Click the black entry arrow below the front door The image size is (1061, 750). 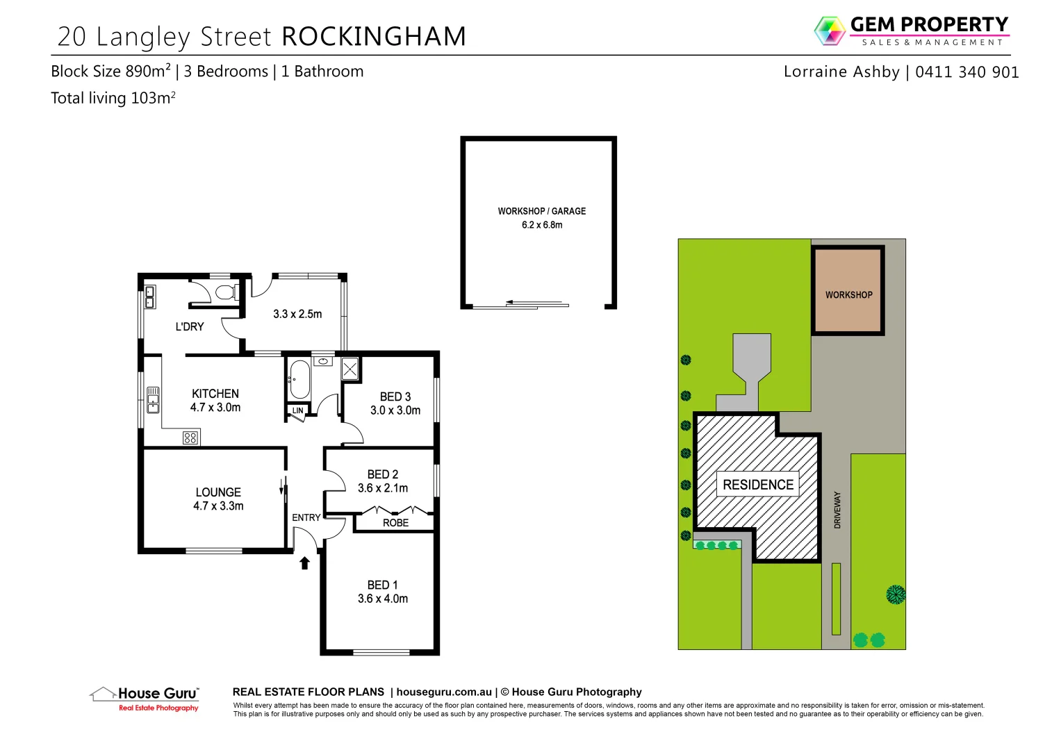click(304, 562)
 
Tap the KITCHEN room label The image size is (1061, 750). click(215, 394)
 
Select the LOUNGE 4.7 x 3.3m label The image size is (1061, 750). click(218, 499)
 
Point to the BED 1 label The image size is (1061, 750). click(382, 585)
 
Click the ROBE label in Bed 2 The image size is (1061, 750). click(396, 523)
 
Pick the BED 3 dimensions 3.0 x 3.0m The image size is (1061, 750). click(395, 410)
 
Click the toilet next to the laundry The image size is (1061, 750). click(224, 292)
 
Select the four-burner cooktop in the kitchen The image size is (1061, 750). click(190, 437)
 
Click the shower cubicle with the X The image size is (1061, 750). click(349, 369)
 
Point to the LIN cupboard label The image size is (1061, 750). click(297, 410)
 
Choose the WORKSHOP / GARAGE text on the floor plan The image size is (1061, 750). click(542, 211)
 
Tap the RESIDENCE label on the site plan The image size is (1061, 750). click(758, 485)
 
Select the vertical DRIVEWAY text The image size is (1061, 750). click(837, 510)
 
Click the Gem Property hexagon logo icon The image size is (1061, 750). click(829, 31)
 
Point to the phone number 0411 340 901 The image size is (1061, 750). click(967, 72)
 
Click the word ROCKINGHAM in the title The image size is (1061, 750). click(374, 37)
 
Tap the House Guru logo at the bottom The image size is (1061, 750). click(146, 697)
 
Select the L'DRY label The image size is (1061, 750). click(190, 326)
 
